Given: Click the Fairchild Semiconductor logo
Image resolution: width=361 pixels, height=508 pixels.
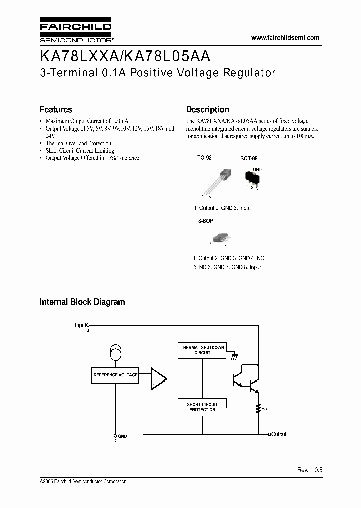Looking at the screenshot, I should click(x=75, y=31).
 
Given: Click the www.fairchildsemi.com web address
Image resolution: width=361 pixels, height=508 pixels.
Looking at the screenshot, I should click(x=285, y=38).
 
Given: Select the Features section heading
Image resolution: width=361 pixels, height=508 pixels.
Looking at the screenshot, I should click(x=56, y=109).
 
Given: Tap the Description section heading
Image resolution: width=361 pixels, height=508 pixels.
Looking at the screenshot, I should click(x=207, y=109).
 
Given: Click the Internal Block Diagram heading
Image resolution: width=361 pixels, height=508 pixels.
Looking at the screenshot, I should click(x=82, y=302).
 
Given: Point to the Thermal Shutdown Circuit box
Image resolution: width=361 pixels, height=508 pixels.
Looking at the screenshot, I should click(x=202, y=350).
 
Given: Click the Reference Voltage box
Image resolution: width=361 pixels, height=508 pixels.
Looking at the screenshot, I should click(x=115, y=375).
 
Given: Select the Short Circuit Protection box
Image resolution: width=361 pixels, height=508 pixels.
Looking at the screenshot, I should click(x=202, y=407).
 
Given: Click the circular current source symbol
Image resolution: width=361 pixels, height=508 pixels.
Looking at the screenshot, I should click(x=116, y=354).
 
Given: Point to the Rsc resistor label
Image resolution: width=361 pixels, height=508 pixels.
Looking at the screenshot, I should click(x=265, y=409).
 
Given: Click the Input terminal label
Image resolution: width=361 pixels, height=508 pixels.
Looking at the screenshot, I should click(x=81, y=325).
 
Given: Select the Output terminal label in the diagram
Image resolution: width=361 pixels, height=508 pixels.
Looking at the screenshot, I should click(x=279, y=434).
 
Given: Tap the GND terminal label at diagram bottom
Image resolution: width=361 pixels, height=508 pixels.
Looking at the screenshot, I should click(x=122, y=436).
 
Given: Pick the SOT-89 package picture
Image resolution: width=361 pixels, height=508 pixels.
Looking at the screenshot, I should click(x=252, y=177).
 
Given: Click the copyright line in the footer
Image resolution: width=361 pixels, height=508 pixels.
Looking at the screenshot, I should click(x=83, y=481).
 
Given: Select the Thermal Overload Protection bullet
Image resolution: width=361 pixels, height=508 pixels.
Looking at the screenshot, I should click(x=78, y=143).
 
